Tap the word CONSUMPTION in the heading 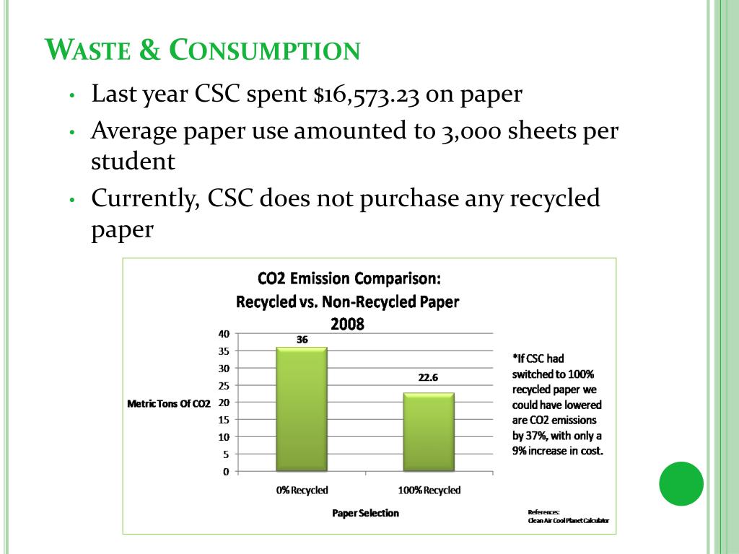click(265, 50)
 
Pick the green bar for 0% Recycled click(302, 409)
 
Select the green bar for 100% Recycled click(429, 432)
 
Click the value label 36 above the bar click(302, 339)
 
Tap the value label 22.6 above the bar click(429, 377)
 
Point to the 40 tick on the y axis click(224, 334)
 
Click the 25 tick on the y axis click(224, 385)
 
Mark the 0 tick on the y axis click(226, 472)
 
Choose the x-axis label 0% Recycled click(302, 491)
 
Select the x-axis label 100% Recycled click(429, 491)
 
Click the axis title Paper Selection click(365, 513)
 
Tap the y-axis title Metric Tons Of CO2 click(169, 404)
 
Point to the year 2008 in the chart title click(347, 325)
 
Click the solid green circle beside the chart click(681, 483)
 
